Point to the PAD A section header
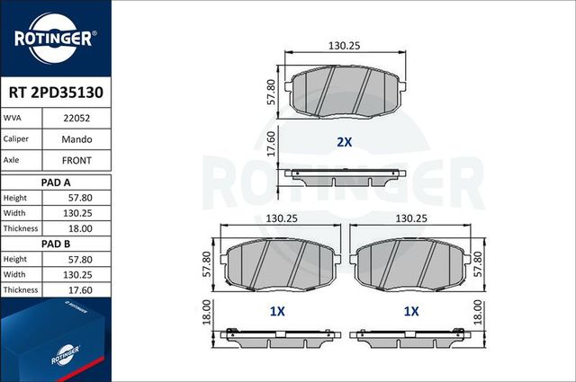[x=56, y=182]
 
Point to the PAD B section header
[x=56, y=244]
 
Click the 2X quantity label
[x=344, y=142]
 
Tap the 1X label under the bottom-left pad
[x=277, y=311]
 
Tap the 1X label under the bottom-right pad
[x=411, y=311]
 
